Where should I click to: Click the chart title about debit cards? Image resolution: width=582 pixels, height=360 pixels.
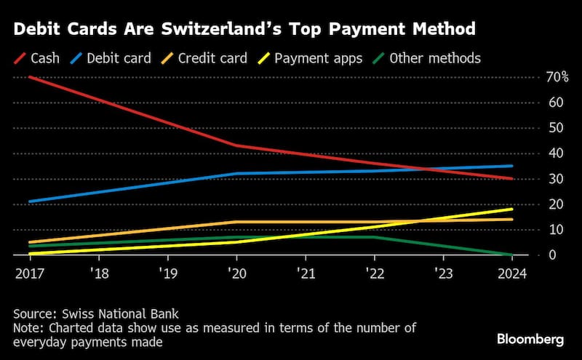(x=244, y=29)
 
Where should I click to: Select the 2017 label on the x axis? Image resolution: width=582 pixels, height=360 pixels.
(x=27, y=274)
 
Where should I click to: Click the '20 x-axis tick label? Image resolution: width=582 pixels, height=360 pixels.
(x=236, y=274)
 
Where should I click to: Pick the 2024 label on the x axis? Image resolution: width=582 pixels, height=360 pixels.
(x=512, y=274)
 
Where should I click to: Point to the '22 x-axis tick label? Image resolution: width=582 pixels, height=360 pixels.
(x=374, y=274)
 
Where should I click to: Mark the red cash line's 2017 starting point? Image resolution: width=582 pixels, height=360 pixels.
(x=29, y=77)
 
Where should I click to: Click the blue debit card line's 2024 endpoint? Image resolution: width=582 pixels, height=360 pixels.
(x=511, y=166)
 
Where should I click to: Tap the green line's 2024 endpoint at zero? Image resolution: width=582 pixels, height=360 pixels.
(x=511, y=255)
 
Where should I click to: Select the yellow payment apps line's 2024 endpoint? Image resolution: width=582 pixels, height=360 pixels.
(x=511, y=209)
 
